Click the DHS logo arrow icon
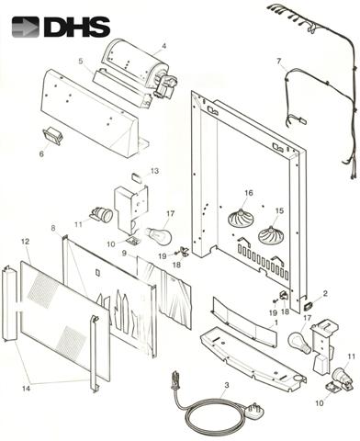[x=26, y=27]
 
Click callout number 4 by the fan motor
[x=164, y=46]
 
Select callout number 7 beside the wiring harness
[x=278, y=62]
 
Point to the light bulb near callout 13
[x=159, y=234]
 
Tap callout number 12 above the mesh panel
[x=26, y=242]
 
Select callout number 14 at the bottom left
[x=26, y=389]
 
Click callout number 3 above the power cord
[x=226, y=385]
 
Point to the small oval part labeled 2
[x=308, y=305]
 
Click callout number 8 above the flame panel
[x=53, y=228]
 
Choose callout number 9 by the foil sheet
[x=124, y=254]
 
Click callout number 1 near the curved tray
[x=276, y=322]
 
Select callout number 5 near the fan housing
[x=81, y=61]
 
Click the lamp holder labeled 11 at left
[x=102, y=213]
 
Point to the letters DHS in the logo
[x=76, y=27]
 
